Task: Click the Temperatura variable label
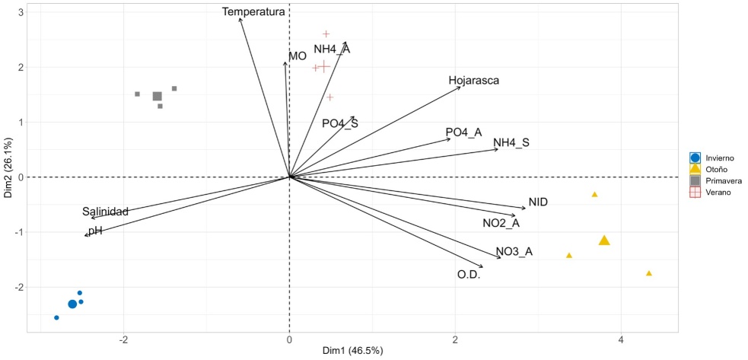point(253,11)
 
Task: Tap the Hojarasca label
point(473,80)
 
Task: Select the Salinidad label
point(105,212)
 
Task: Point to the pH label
point(95,231)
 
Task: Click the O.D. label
point(468,274)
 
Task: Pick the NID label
point(538,202)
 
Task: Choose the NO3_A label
point(514,252)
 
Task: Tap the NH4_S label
point(511,142)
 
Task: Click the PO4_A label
point(463,132)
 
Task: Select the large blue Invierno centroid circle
point(72,304)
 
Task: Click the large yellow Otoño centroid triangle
point(604,241)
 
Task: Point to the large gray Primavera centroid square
point(158,97)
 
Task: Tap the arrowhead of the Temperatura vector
point(240,18)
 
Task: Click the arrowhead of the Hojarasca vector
point(460,88)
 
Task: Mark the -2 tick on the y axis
point(21,287)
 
